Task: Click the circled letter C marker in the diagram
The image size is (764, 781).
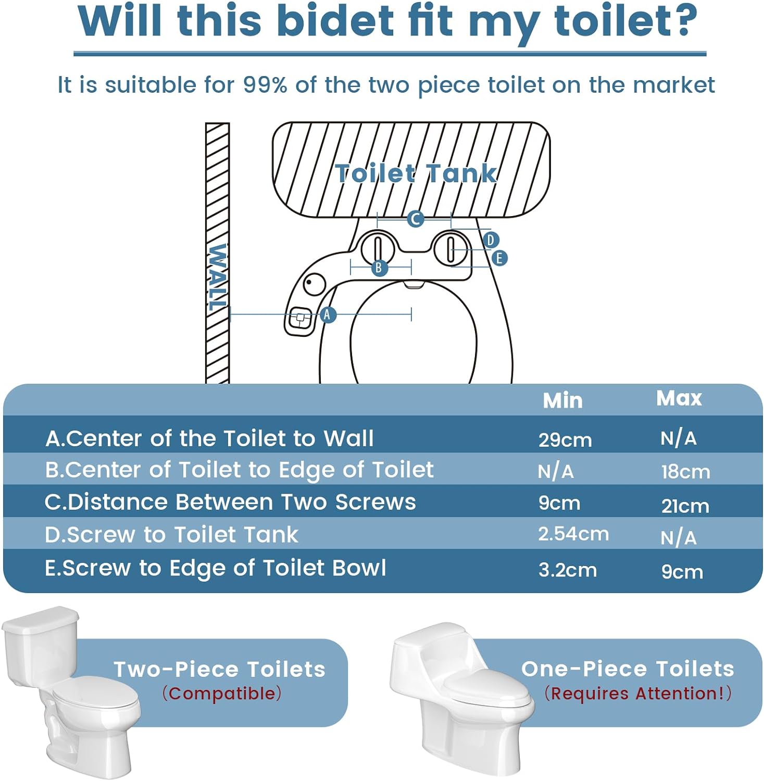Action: click(x=415, y=219)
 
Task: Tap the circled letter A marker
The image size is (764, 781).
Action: click(x=327, y=314)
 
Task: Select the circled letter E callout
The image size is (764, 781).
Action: click(x=499, y=258)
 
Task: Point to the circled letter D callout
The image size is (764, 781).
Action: click(x=490, y=240)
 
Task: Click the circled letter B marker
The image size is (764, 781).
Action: click(x=379, y=268)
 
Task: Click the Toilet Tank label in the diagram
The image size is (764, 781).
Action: click(x=416, y=173)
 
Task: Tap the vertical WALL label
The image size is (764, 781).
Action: click(x=217, y=277)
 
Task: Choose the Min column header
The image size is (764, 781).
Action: click(x=562, y=400)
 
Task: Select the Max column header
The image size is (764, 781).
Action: click(x=679, y=398)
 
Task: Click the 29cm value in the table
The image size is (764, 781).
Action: click(x=565, y=440)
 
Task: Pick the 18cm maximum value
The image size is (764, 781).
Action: click(x=685, y=472)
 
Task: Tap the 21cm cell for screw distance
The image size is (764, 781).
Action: click(x=685, y=506)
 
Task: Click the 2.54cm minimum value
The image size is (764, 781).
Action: click(x=573, y=534)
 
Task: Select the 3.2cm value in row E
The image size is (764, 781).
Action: click(x=568, y=570)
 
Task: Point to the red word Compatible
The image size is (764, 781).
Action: click(x=222, y=694)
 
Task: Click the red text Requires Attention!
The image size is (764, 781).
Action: click(x=638, y=694)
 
